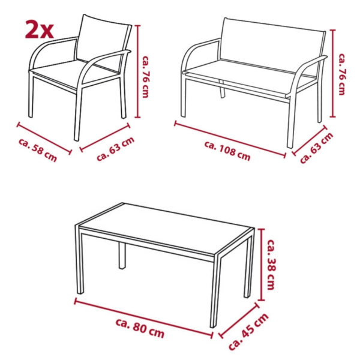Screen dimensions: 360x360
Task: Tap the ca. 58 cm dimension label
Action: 37,150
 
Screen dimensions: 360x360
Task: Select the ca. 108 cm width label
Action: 227,150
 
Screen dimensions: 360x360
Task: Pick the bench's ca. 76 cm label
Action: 342,74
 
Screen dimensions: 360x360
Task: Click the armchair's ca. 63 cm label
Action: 116,149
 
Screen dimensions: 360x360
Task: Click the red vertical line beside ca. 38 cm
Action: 261,264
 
